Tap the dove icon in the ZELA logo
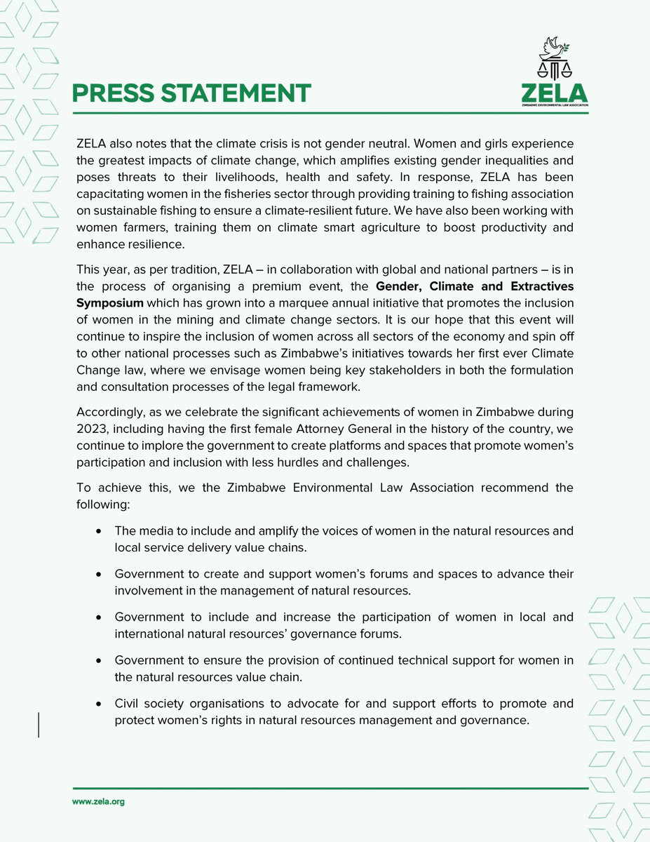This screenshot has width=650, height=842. (x=554, y=49)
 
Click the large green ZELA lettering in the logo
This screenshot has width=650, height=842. (x=554, y=93)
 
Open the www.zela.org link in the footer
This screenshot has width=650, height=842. (x=99, y=801)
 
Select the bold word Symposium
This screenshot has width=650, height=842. (x=109, y=302)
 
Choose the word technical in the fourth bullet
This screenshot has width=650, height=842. (x=417, y=660)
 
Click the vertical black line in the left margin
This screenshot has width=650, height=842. (x=39, y=723)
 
